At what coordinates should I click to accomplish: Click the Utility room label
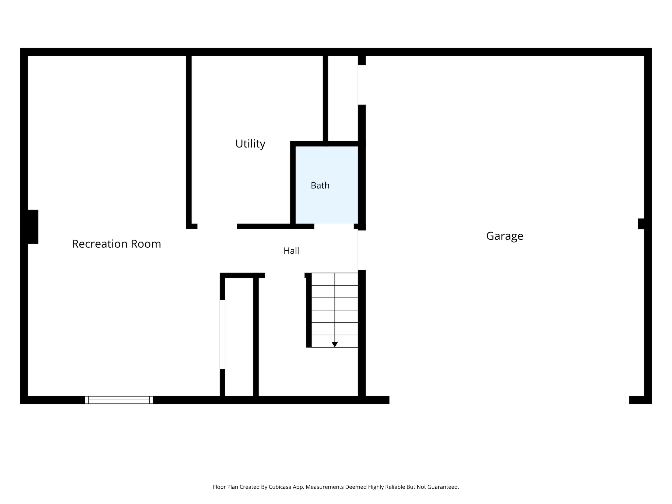(250, 144)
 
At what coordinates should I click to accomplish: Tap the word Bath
(320, 185)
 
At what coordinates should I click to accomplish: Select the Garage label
(505, 236)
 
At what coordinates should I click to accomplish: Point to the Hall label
(291, 251)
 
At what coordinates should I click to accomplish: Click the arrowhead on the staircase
(334, 345)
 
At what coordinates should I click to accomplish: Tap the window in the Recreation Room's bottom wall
(119, 400)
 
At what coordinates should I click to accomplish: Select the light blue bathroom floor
(327, 185)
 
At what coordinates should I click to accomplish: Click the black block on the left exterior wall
(33, 227)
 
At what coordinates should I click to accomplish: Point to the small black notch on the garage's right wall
(641, 224)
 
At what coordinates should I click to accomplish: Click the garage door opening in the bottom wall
(509, 400)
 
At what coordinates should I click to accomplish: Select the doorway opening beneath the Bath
(334, 226)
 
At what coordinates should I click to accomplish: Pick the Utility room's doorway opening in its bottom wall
(217, 226)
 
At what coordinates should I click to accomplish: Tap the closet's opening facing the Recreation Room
(222, 334)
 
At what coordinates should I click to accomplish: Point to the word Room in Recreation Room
(146, 244)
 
